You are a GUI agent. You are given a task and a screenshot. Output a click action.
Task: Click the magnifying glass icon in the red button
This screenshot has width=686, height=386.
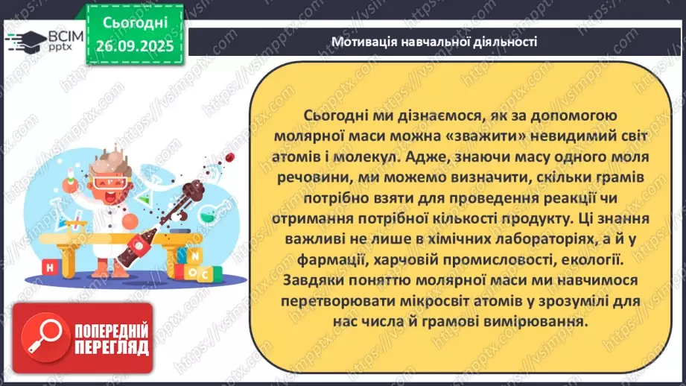[39, 338]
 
